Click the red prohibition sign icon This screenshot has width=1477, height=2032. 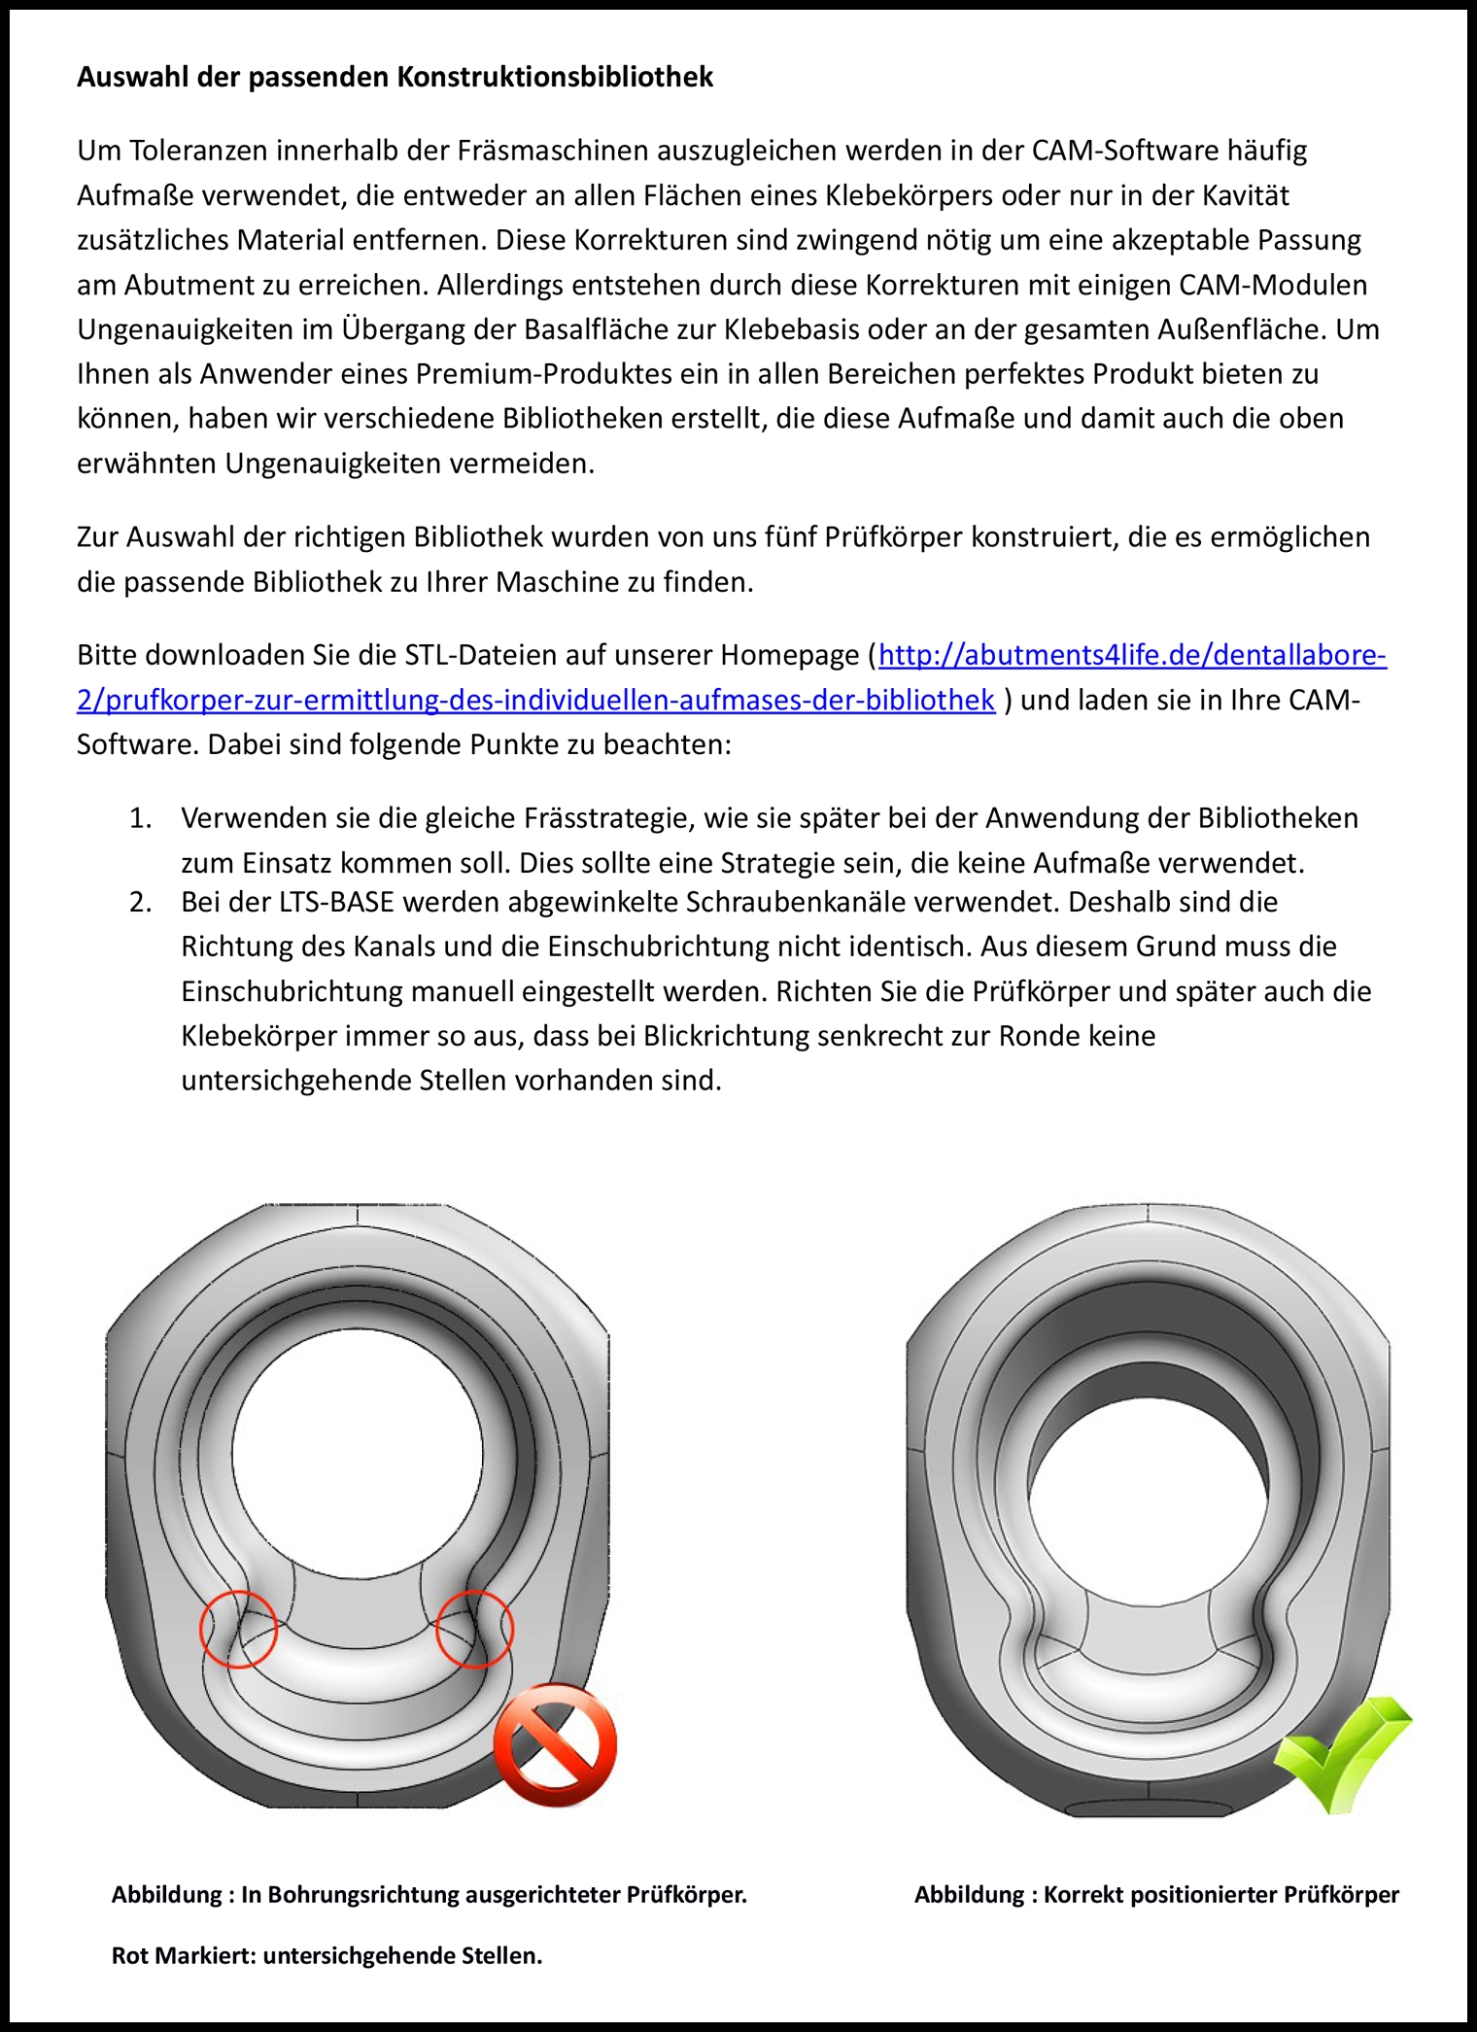pyautogui.click(x=555, y=1745)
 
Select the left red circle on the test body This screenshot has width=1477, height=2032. pyautogui.click(x=239, y=1629)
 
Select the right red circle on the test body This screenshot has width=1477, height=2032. pyautogui.click(x=474, y=1629)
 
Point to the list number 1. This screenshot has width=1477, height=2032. pyautogui.click(x=140, y=818)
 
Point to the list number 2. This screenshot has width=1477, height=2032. pyautogui.click(x=140, y=902)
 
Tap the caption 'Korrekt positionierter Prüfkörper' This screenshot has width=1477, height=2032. pyautogui.click(x=1221, y=1894)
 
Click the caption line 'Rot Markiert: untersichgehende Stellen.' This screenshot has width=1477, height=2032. pyautogui.click(x=326, y=1955)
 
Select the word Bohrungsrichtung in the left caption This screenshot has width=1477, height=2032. pyautogui.click(x=364, y=1894)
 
